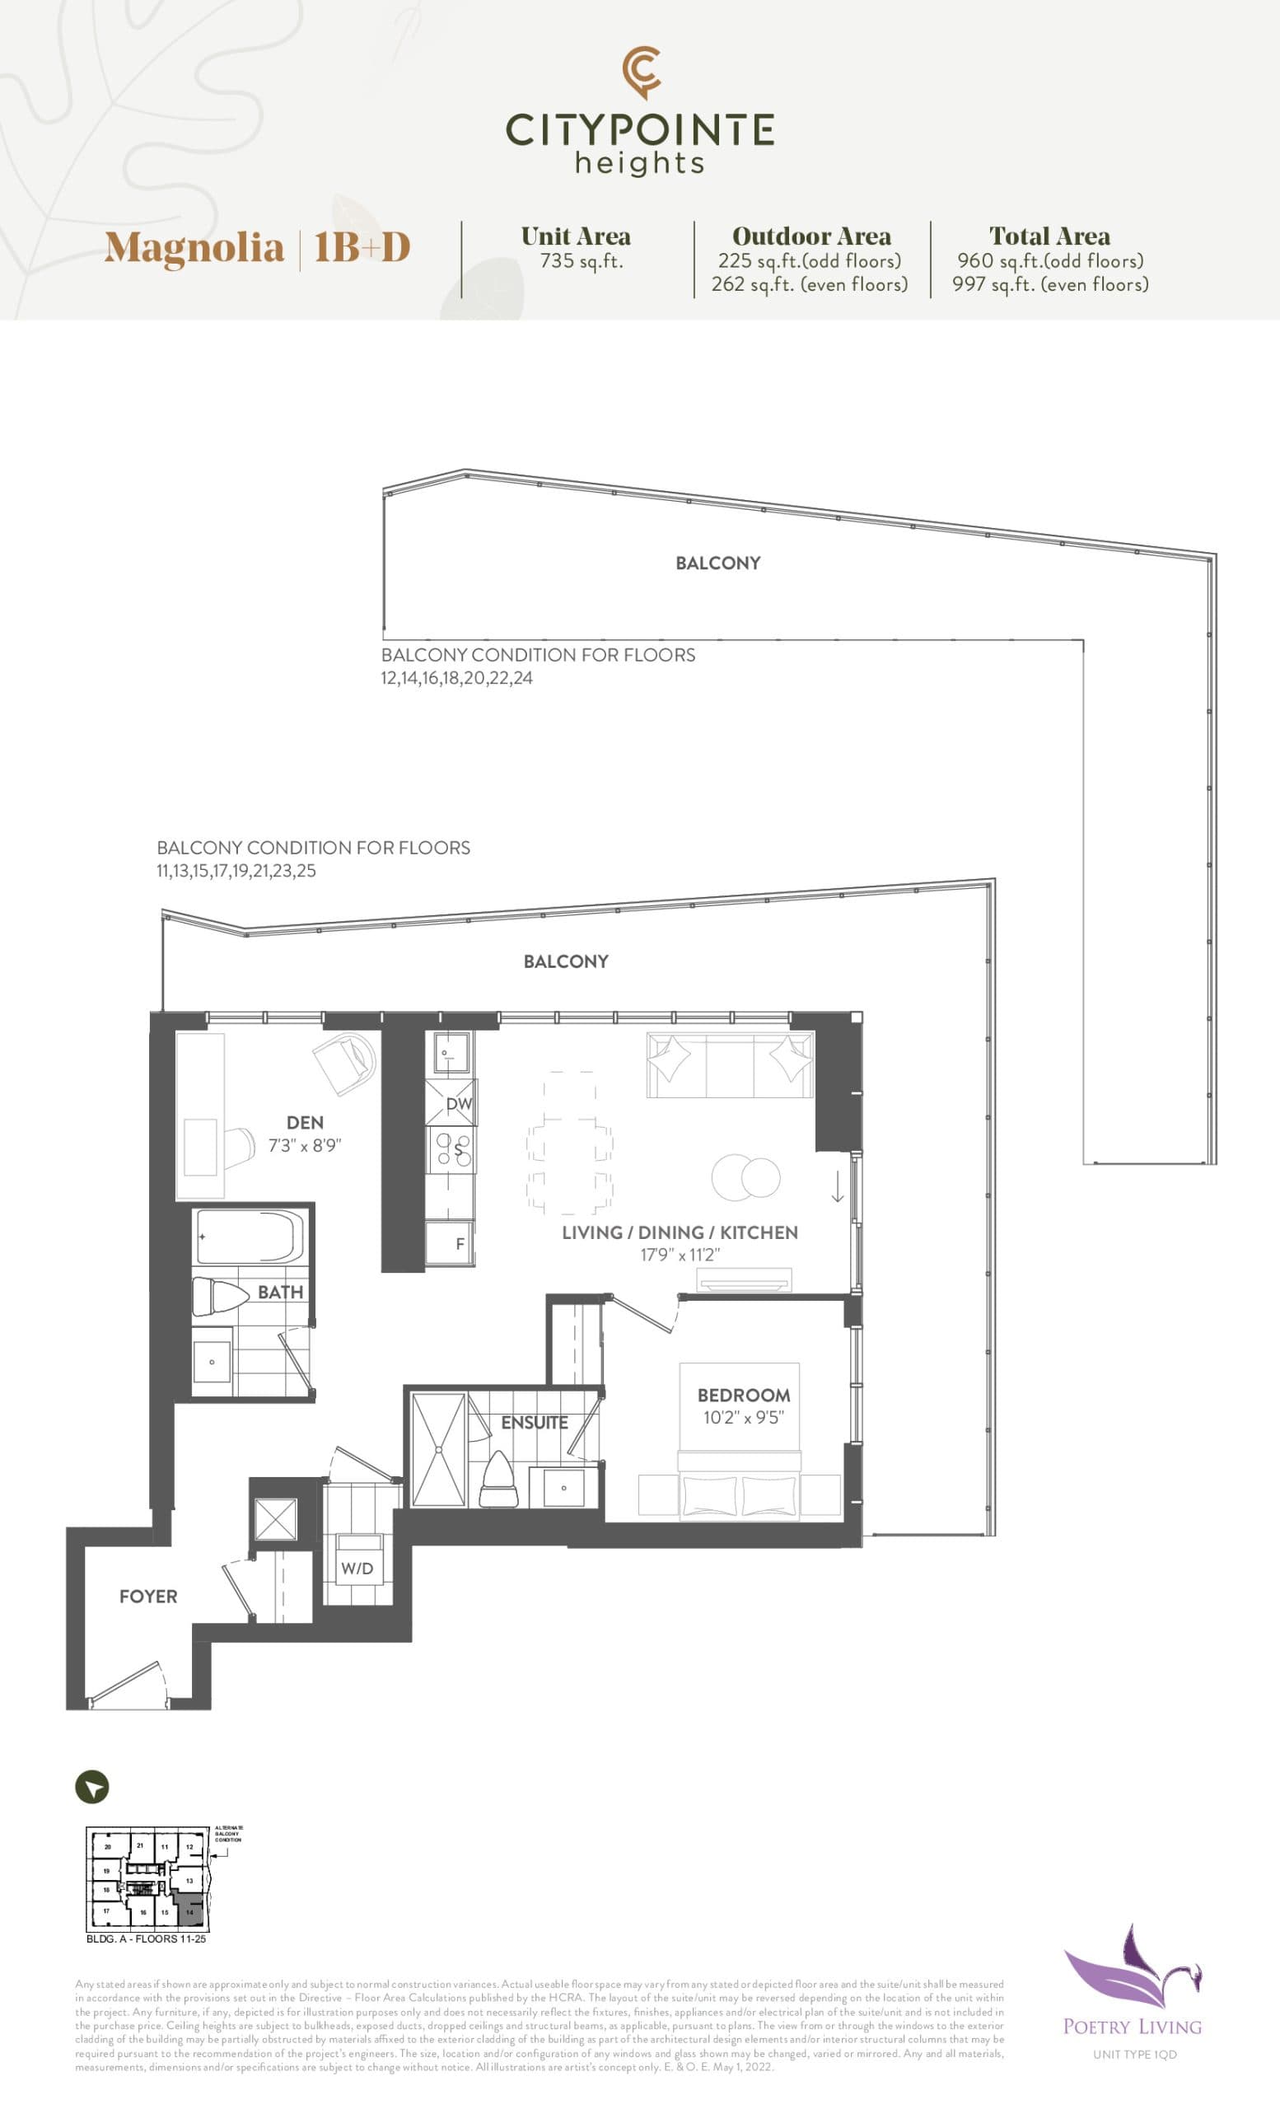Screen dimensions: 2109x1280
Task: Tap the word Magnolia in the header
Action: click(x=194, y=248)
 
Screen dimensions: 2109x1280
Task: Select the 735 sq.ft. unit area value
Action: click(x=581, y=261)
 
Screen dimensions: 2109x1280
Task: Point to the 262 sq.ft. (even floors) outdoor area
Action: click(x=810, y=284)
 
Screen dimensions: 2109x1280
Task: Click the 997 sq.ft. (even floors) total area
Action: click(x=1050, y=284)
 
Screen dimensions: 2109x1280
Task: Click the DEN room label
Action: click(x=305, y=1122)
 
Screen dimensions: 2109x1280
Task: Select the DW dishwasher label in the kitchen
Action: click(x=459, y=1104)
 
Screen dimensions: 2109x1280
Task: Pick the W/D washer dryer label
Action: click(x=357, y=1568)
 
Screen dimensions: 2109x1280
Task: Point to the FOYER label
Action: click(x=148, y=1597)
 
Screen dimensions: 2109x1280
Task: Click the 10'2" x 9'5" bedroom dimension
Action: click(x=743, y=1418)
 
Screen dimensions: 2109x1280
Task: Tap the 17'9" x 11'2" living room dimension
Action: click(x=680, y=1255)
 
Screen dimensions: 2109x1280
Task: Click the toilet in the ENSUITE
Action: click(x=500, y=1481)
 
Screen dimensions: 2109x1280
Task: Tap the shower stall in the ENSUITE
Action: click(x=438, y=1450)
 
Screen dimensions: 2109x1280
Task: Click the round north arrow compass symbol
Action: click(x=92, y=1787)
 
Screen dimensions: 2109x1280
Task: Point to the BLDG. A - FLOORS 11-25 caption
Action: click(x=147, y=1938)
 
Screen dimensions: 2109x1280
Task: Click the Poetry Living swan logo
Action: click(x=1131, y=1970)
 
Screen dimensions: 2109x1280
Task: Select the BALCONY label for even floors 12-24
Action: click(x=717, y=563)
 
